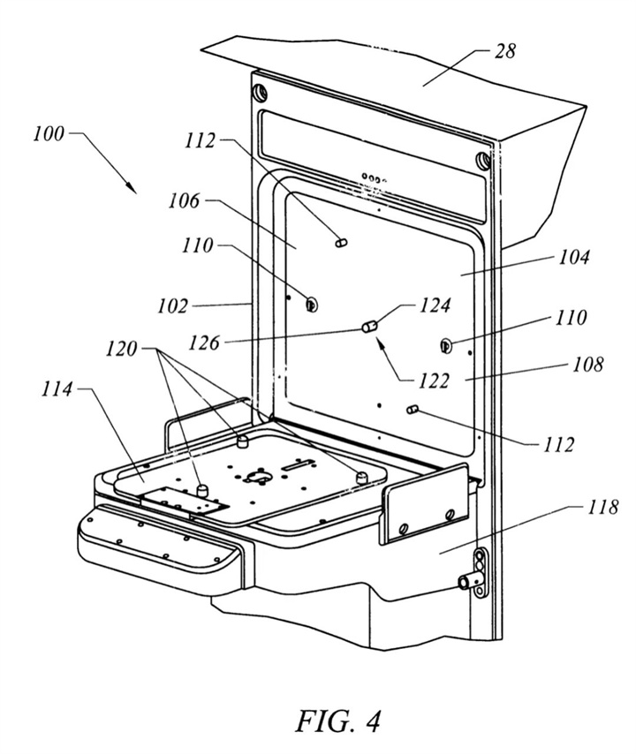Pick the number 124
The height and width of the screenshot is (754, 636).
(435, 305)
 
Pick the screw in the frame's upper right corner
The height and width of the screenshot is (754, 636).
(482, 161)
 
